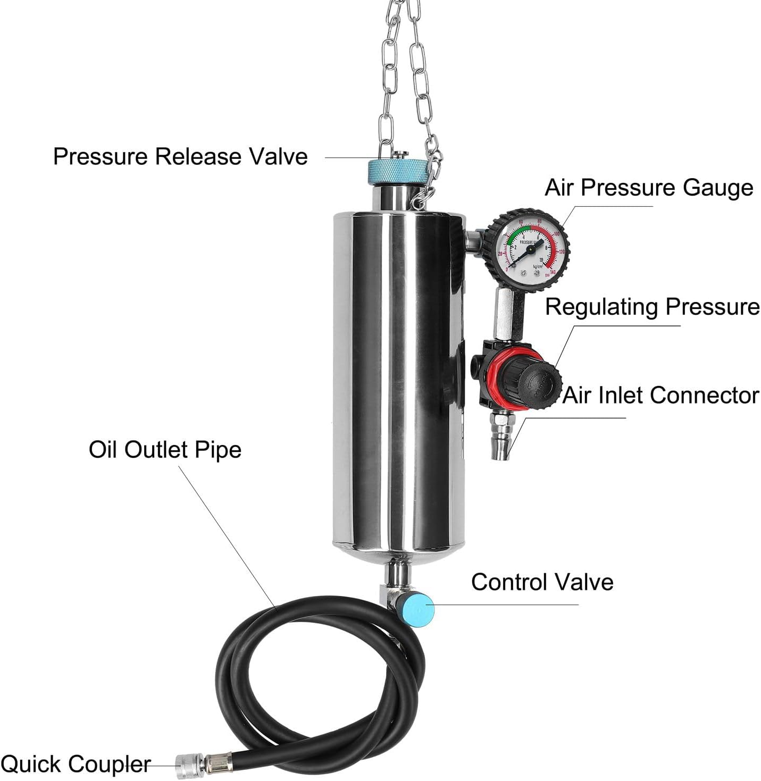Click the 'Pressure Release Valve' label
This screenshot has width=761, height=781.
pos(180,157)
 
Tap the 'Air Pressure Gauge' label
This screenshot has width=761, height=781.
pos(649,188)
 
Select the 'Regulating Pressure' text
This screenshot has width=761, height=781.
pos(653,307)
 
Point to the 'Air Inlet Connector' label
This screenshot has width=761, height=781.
pos(660,396)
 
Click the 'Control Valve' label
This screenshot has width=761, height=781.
pos(542,582)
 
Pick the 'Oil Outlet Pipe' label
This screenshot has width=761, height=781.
pos(165,450)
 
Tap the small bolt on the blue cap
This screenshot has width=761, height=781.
pos(400,155)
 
